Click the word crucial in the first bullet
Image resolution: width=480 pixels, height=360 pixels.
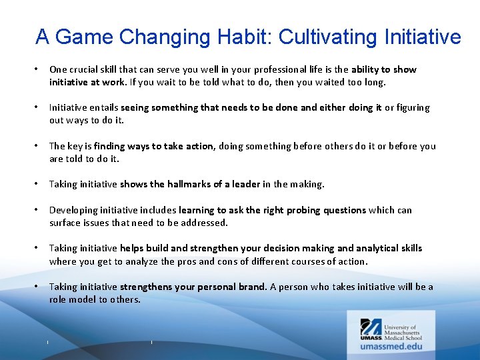pos(85,69)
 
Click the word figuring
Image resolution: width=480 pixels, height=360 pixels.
pos(413,107)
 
